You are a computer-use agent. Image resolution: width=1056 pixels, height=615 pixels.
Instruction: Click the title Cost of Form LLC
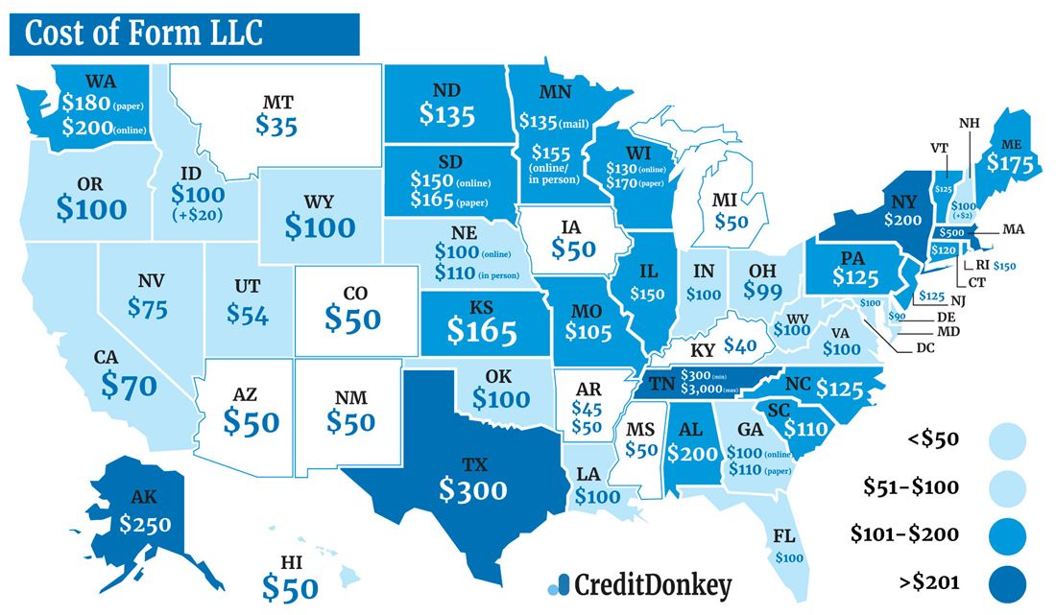click(x=144, y=34)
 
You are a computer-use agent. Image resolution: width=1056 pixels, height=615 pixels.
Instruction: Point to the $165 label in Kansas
click(x=482, y=332)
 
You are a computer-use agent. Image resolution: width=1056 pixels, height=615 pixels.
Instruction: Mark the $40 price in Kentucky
click(x=741, y=344)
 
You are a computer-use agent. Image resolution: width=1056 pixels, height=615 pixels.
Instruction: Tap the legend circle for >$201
click(x=1006, y=581)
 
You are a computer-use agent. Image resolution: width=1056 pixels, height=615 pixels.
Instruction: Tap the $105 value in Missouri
click(x=588, y=332)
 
